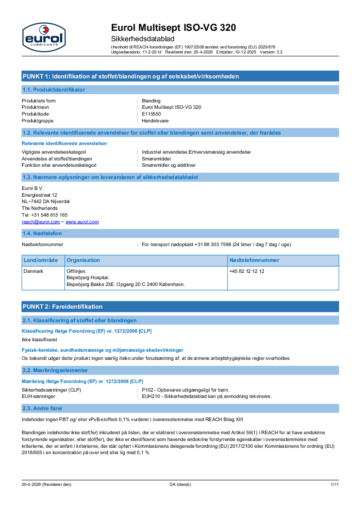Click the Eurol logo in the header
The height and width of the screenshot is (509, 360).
click(44, 37)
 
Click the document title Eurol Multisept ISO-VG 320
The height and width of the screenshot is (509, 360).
click(173, 28)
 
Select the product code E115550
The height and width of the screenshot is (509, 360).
click(151, 114)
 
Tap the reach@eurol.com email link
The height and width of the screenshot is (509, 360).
click(41, 222)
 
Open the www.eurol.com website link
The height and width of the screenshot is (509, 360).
click(82, 222)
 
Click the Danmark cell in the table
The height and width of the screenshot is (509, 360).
click(33, 271)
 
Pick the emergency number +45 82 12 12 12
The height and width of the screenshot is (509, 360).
click(247, 271)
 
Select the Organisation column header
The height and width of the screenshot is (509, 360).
click(83, 260)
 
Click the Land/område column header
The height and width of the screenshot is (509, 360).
click(41, 260)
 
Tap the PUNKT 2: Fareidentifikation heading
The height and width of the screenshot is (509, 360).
click(63, 306)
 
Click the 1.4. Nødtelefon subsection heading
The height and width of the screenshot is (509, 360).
click(42, 233)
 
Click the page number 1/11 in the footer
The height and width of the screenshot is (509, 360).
click(335, 485)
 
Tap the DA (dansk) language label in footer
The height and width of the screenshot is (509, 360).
click(180, 485)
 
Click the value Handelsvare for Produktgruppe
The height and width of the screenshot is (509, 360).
click(155, 121)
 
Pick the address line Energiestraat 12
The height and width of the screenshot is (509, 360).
click(39, 194)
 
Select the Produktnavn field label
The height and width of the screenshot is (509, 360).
click(35, 107)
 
